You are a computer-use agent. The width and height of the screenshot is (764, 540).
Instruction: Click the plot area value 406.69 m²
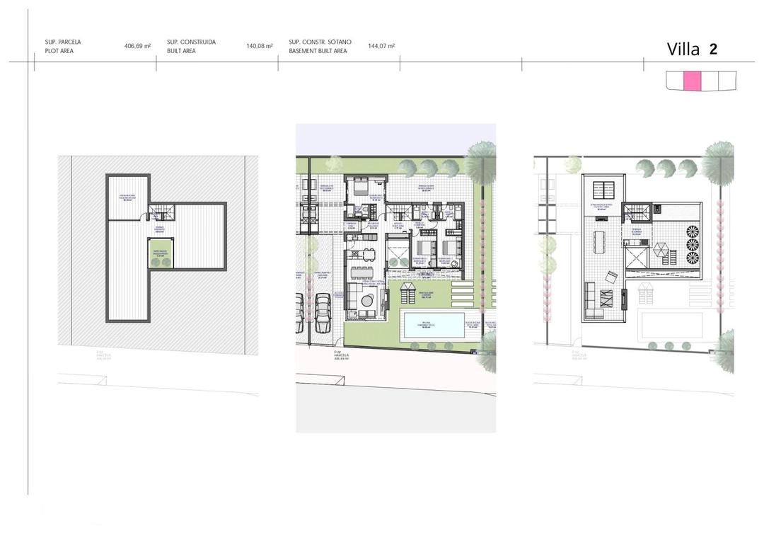click(x=137, y=46)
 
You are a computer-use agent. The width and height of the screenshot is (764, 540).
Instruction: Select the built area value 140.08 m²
click(x=260, y=46)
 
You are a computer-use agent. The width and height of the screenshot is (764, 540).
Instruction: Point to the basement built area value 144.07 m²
click(x=381, y=46)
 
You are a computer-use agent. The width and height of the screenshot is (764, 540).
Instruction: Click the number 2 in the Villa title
click(x=713, y=49)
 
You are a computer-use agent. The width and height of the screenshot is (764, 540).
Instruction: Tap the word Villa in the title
click(x=683, y=49)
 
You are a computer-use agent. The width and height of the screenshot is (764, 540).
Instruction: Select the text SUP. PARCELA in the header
click(x=62, y=42)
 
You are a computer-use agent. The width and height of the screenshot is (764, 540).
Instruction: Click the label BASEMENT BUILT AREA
click(x=318, y=52)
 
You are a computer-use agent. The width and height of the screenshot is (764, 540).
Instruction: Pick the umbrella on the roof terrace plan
click(x=659, y=249)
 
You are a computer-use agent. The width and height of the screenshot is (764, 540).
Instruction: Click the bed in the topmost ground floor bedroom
click(x=360, y=188)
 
